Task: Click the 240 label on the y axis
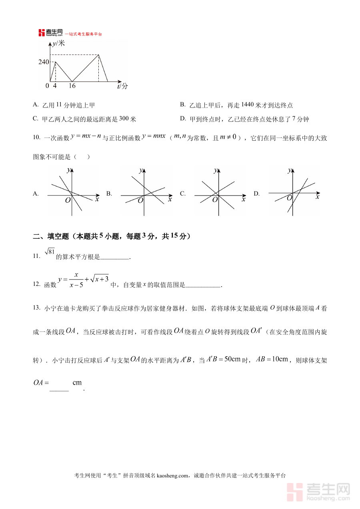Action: pyautogui.click(x=44, y=62)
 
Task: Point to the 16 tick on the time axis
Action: pyautogui.click(x=72, y=86)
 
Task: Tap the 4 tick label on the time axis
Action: pyautogui.click(x=55, y=86)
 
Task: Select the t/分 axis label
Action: pyautogui.click(x=123, y=86)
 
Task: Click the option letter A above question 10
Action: pyautogui.click(x=36, y=105)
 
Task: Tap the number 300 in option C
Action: pyautogui.click(x=124, y=119)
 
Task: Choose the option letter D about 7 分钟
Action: pyautogui.click(x=183, y=119)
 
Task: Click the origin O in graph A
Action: pyautogui.click(x=68, y=200)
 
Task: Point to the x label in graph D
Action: pyautogui.click(x=318, y=197)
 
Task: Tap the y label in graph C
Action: pyautogui.click(x=215, y=170)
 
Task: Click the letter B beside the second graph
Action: pyautogui.click(x=109, y=194)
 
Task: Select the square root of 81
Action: pyautogui.click(x=49, y=252)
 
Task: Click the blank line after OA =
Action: pyautogui.click(x=59, y=389)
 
